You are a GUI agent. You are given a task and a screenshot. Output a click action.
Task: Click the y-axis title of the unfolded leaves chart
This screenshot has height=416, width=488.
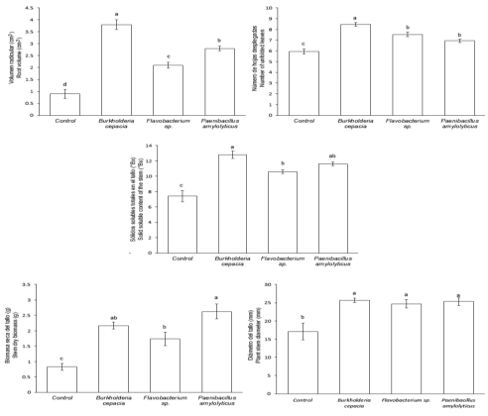coord(268,60)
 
